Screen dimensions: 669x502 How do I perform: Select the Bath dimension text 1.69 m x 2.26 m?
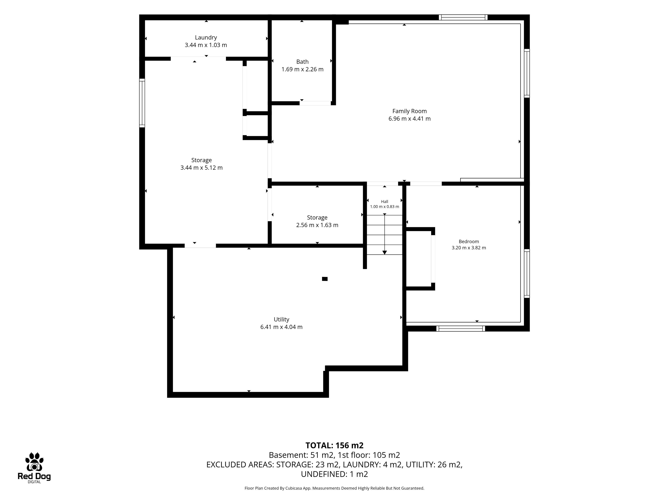(302, 69)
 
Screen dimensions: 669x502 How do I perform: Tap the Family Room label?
(410, 111)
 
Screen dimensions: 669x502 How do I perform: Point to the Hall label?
(384, 201)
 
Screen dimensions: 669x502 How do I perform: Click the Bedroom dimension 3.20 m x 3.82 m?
(469, 248)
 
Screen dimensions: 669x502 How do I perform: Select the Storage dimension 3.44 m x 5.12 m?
(201, 168)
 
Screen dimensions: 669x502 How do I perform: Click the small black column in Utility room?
(325, 279)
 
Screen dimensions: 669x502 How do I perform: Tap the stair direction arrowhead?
(384, 252)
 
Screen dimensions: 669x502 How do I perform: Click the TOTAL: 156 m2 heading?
(334, 445)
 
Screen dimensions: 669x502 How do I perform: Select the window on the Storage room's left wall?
(142, 103)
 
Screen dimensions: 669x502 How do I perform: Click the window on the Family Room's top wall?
(463, 17)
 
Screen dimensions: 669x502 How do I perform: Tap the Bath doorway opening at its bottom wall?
(315, 103)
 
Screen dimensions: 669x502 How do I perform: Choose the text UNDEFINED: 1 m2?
(334, 474)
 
